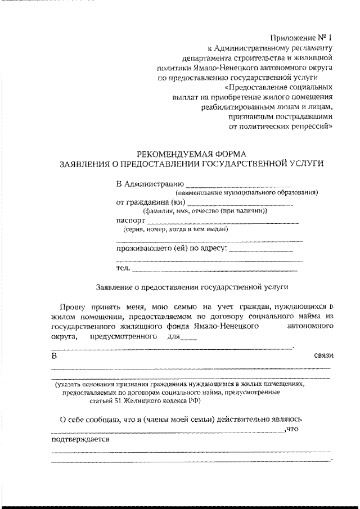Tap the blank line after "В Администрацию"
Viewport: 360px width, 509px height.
click(238, 184)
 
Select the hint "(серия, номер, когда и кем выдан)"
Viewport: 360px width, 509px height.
click(175, 229)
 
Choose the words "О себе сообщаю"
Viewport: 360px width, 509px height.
click(88, 420)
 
